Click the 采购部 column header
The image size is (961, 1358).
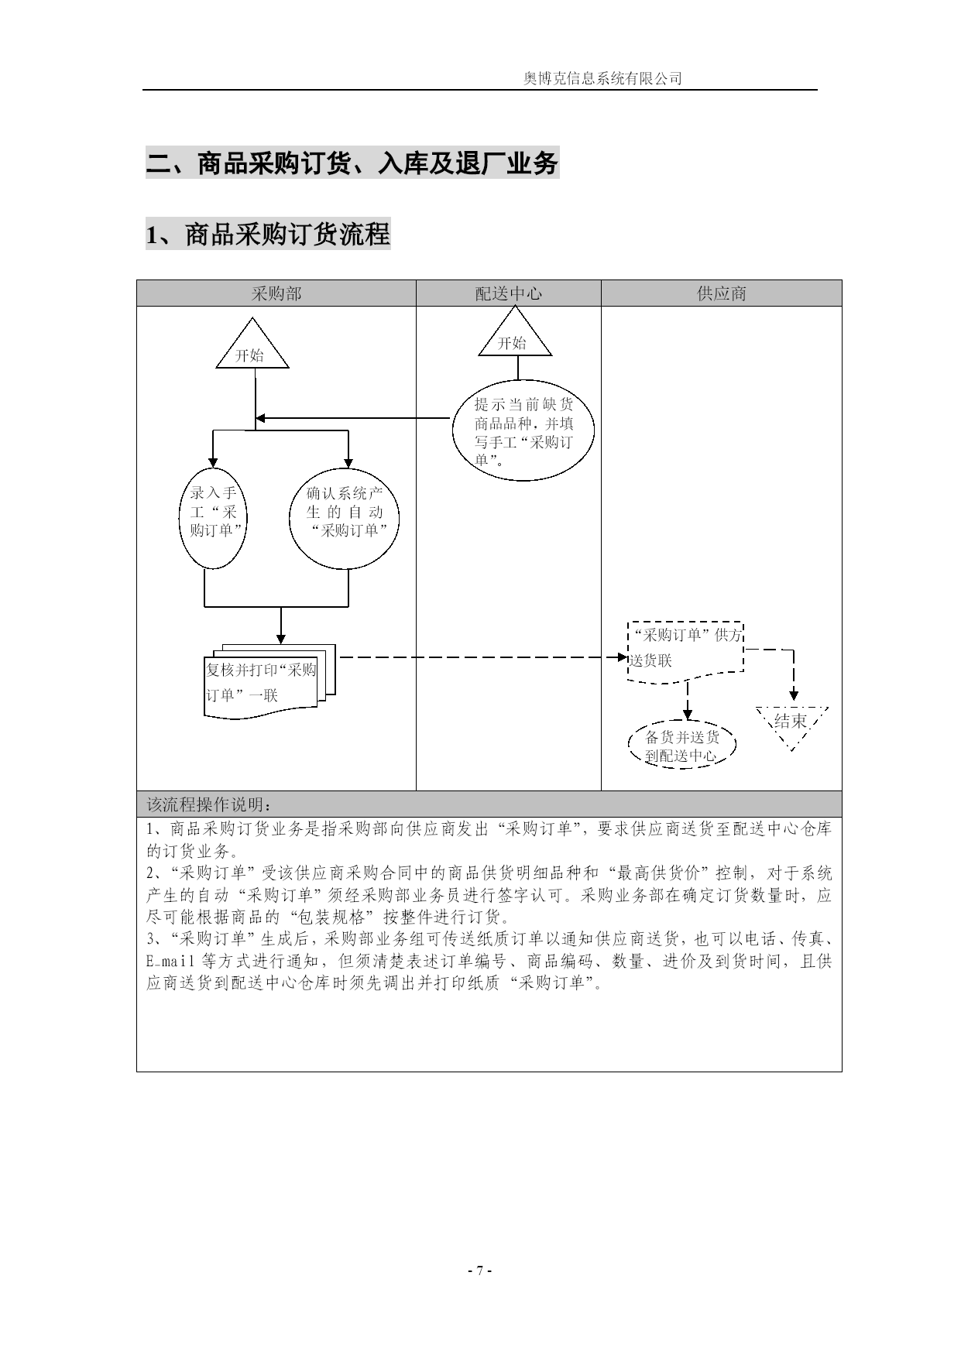[x=276, y=293]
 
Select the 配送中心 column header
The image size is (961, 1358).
[x=509, y=293]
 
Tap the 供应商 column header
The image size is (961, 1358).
[x=722, y=293]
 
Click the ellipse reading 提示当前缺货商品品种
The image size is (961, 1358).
[x=524, y=430]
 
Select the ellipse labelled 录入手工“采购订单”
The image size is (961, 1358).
[x=213, y=518]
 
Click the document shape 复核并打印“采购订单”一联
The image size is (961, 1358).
[x=268, y=680]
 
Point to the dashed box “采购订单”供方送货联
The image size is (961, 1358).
[x=685, y=651]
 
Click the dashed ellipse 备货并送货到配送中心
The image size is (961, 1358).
[x=681, y=746]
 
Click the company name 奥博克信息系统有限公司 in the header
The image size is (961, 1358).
[x=602, y=78]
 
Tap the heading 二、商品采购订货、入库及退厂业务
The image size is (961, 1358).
[x=352, y=163]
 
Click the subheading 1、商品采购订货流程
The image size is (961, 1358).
[x=268, y=234]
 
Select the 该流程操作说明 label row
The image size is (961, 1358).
[x=210, y=803]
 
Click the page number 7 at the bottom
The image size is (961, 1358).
[x=480, y=1271]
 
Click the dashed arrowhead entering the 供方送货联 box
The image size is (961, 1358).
[x=623, y=658]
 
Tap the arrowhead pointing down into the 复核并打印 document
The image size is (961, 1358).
[x=280, y=638]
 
